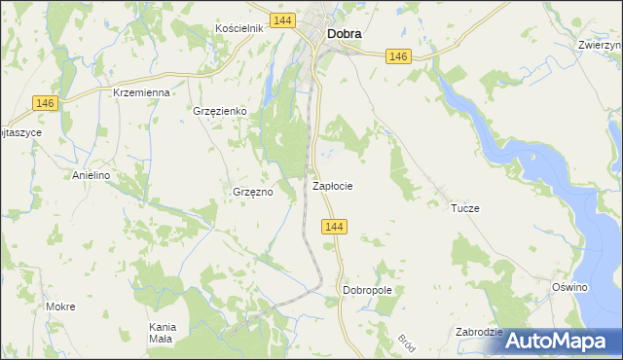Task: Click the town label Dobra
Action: [345, 33]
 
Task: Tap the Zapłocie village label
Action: [332, 185]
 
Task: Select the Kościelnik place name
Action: [239, 28]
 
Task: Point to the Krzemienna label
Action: [141, 92]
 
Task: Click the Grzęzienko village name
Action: [221, 112]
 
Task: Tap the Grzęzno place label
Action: [252, 192]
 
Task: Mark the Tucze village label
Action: [464, 209]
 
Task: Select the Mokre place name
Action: [60, 306]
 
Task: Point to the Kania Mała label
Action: [160, 333]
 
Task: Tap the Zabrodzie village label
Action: [479, 332]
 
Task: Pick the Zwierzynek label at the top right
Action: [600, 45]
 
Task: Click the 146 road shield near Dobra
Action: [396, 57]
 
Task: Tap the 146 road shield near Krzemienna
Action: [45, 103]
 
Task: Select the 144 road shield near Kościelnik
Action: [282, 19]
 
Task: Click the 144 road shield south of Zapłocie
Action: [334, 227]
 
